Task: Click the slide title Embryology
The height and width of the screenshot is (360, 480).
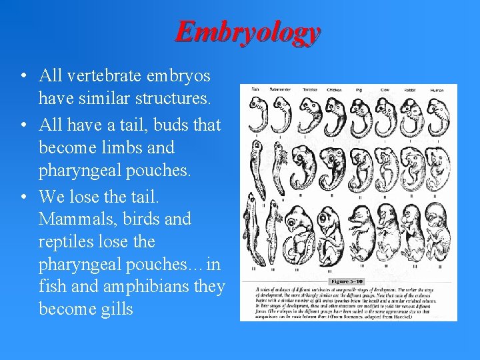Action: click(x=248, y=32)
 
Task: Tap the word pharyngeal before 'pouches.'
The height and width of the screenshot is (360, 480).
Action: click(x=83, y=171)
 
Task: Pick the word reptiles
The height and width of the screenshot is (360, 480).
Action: click(x=68, y=241)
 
